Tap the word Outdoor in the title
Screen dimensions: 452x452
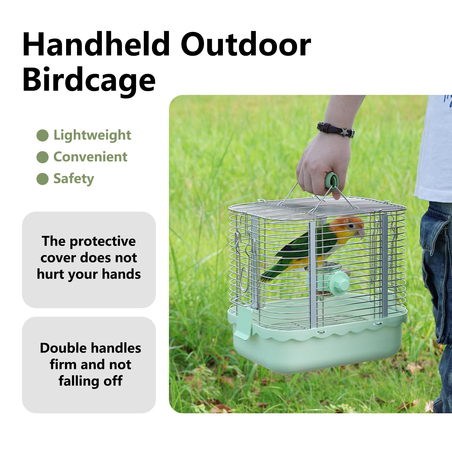point(246,45)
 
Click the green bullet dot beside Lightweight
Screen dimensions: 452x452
point(42,135)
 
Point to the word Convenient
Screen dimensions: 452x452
point(90,157)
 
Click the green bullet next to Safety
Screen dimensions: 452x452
point(42,179)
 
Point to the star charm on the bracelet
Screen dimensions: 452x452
point(344,132)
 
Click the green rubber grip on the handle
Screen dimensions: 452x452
point(331,181)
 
